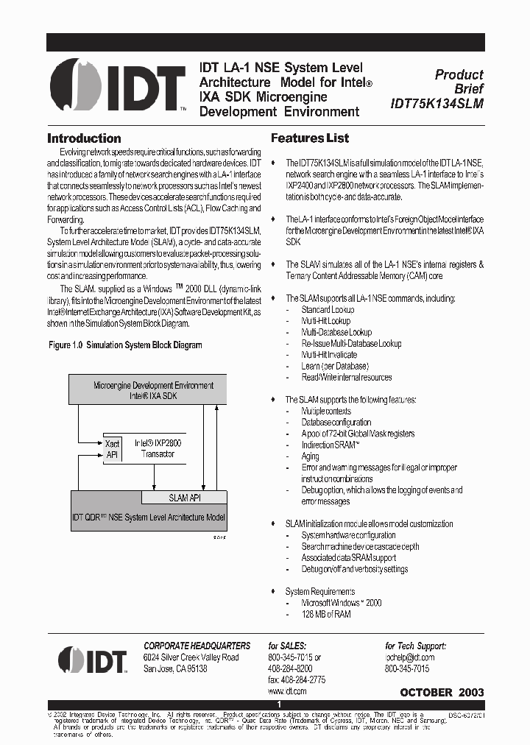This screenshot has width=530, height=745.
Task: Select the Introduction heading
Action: pos(84,138)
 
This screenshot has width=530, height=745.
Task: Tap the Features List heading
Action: pos(310,138)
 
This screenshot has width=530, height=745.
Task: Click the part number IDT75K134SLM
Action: pos(437,104)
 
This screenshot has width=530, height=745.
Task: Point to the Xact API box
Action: pos(112,449)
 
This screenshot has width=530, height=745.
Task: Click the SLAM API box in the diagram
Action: pos(184,498)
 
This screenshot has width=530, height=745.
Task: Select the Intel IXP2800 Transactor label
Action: pos(158,449)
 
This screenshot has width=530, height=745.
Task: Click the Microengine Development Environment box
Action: pos(153,389)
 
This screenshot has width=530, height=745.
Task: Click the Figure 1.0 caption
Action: pos(125,345)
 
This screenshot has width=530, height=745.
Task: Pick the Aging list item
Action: pos(311,456)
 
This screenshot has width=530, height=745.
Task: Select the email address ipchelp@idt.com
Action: pos(409,657)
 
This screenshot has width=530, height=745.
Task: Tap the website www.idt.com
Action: pos(286,691)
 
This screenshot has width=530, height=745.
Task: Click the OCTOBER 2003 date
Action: pos(442,693)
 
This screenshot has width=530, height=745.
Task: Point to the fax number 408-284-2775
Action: pos(297,679)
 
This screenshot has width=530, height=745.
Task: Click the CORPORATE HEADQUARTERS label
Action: pos(197,646)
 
